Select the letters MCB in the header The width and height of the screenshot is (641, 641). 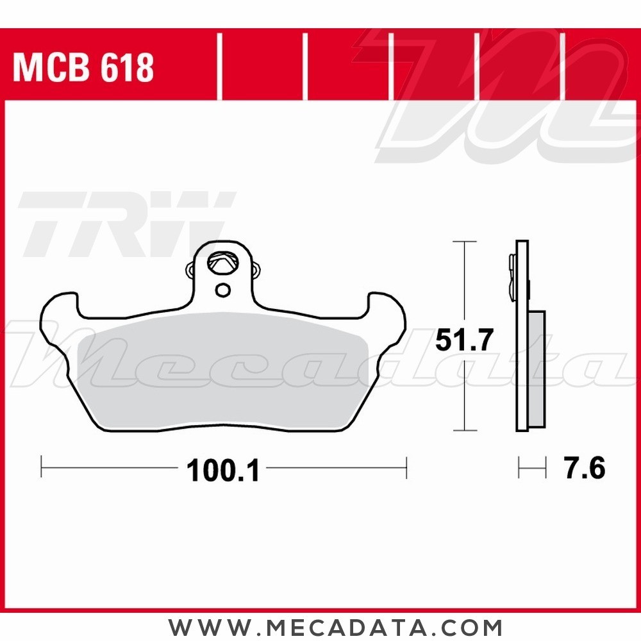55,68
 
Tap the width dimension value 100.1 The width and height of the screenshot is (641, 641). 222,472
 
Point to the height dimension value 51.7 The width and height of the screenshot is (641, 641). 464,340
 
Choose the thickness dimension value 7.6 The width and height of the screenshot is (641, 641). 584,469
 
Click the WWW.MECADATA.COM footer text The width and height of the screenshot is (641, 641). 335,626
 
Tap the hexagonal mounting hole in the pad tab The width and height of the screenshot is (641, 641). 223,263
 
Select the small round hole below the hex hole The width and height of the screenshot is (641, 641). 222,290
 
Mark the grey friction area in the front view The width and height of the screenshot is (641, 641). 221,372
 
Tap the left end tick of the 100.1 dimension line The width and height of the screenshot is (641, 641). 42,467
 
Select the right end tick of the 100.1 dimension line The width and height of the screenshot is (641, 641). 406,467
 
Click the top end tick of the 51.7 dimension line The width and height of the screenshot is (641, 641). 464,242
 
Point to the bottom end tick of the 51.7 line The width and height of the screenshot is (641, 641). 464,431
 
